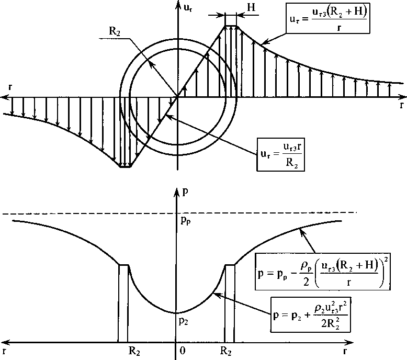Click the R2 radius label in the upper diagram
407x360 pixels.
(115, 31)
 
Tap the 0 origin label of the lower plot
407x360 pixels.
(182, 351)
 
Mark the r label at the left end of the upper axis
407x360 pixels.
(10, 86)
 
